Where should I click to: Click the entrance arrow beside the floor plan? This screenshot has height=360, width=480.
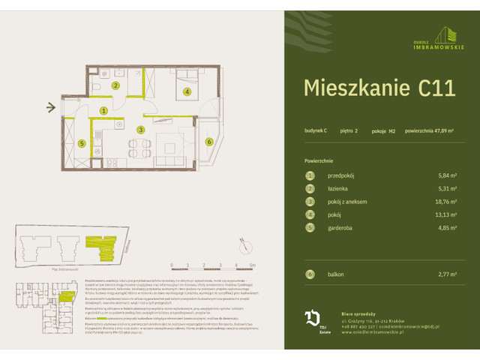pyautogui.click(x=51, y=107)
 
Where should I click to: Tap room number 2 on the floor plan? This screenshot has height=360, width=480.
pyautogui.click(x=115, y=85)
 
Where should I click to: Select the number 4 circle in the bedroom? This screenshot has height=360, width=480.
pyautogui.click(x=187, y=91)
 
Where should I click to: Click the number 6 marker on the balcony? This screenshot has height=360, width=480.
pyautogui.click(x=209, y=140)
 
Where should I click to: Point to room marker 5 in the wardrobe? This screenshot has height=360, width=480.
pyautogui.click(x=82, y=143)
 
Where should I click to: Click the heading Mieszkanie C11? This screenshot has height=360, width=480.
pyautogui.click(x=379, y=88)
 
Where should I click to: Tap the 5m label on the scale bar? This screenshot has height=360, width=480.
pyautogui.click(x=253, y=265)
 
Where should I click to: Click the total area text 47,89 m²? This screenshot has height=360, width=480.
pyautogui.click(x=430, y=130)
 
